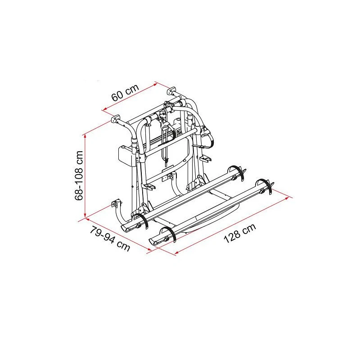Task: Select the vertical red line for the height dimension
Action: tap(85, 175)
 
